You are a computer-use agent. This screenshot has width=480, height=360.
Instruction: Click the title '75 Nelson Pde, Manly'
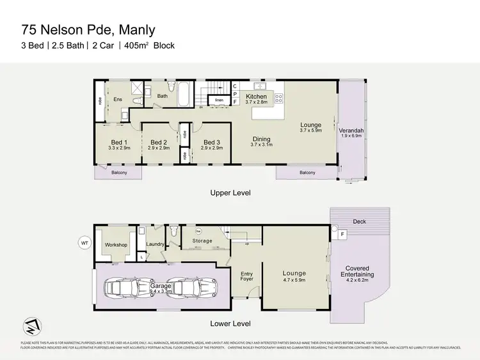click(x=88, y=29)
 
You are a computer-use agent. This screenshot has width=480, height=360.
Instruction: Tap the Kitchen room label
click(x=256, y=97)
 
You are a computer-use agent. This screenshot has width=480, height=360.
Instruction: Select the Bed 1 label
click(x=119, y=142)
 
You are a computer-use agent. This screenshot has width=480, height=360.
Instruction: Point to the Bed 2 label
click(x=158, y=142)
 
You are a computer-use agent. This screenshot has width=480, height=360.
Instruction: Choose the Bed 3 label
click(x=212, y=142)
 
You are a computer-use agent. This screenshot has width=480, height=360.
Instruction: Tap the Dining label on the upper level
click(x=261, y=139)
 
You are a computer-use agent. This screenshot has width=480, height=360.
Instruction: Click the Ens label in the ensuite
click(x=118, y=100)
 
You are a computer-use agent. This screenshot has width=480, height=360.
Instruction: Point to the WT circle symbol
click(x=83, y=242)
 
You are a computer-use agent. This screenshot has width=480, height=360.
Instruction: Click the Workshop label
click(x=116, y=245)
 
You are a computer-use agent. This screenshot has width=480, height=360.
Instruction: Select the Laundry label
click(x=155, y=244)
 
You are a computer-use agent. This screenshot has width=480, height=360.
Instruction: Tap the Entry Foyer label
click(x=246, y=276)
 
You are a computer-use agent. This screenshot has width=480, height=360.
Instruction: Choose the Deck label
click(x=360, y=222)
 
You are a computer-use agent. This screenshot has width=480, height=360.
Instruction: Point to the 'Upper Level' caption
click(x=230, y=192)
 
